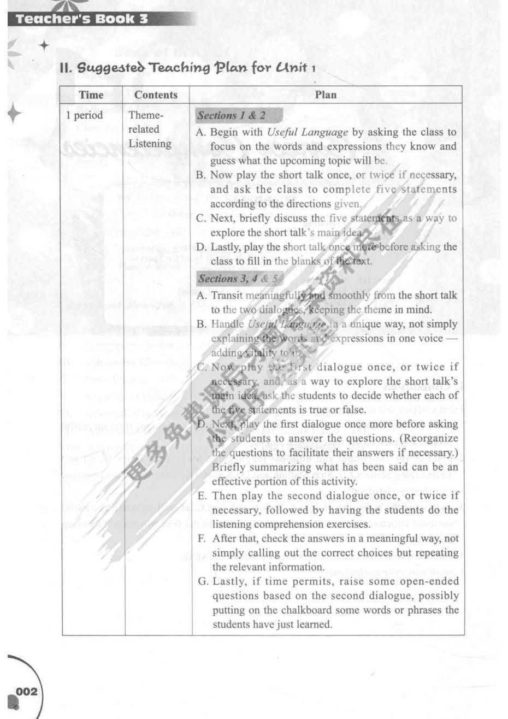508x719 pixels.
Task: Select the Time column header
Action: [91, 95]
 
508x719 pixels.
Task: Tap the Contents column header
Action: [156, 95]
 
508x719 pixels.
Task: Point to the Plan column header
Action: [326, 95]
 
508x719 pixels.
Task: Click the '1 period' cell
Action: [84, 115]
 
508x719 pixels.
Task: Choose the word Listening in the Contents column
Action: [150, 144]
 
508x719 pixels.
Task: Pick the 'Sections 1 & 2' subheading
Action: [231, 115]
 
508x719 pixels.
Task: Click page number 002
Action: [26, 692]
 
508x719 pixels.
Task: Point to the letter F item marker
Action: [202, 539]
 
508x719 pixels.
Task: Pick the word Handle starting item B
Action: [227, 324]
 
